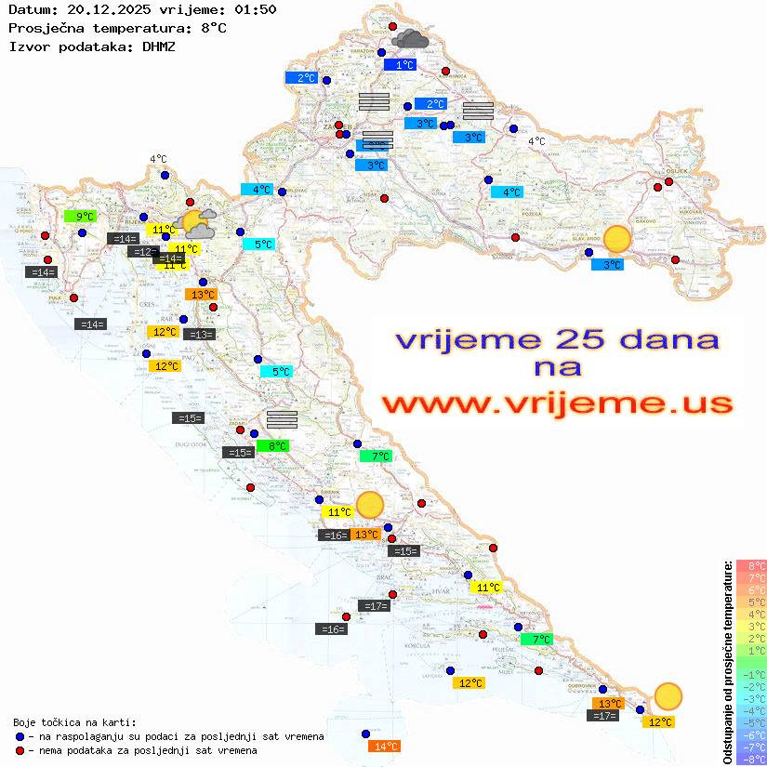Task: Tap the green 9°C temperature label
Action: (81, 217)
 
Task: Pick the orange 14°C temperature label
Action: (385, 746)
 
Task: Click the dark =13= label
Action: (200, 335)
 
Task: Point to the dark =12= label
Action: (142, 252)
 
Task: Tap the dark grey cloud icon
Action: (410, 39)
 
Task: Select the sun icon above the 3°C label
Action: (616, 240)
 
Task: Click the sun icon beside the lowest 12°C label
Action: (668, 695)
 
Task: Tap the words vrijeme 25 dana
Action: (557, 339)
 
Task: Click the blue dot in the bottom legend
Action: (20, 736)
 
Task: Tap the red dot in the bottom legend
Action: (20, 750)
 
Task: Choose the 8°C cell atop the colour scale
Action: (750, 565)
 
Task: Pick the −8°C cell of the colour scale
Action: (750, 759)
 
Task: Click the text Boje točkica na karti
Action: (74, 722)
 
